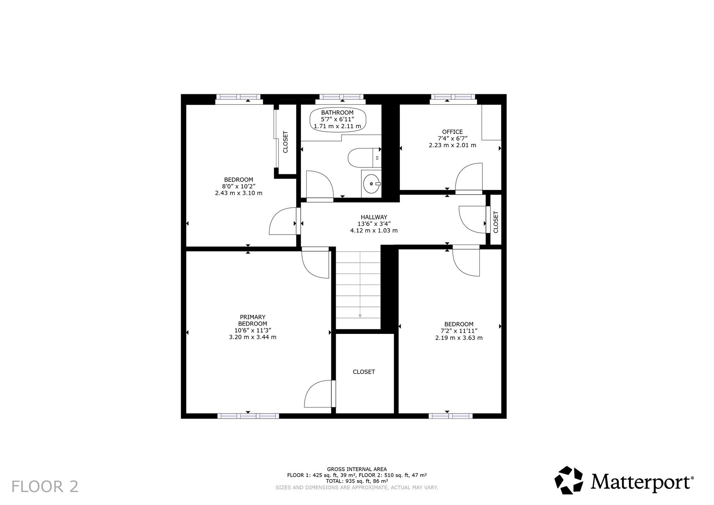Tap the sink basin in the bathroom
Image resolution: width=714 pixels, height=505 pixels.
point(372,184)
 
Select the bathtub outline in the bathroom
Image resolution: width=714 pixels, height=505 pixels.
point(338,120)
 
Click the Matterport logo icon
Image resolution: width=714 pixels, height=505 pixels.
point(568,480)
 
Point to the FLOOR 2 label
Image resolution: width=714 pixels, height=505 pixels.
point(45,486)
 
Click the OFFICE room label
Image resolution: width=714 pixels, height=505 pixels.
point(452,132)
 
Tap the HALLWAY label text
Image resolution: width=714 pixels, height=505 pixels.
point(374,217)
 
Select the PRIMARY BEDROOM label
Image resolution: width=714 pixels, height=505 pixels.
point(252,320)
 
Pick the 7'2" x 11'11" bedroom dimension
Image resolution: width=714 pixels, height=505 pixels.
point(459,331)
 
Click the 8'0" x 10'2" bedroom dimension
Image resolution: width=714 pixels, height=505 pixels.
point(238,186)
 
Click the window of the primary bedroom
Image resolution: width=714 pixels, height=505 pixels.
point(248,416)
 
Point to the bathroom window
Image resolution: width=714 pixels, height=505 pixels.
point(341,97)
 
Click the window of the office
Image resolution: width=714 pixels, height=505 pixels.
point(453,97)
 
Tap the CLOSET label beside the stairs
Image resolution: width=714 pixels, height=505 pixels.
point(364,372)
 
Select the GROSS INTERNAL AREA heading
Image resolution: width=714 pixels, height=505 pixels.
point(357,469)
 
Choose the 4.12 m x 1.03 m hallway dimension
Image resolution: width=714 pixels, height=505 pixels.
point(374,231)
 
